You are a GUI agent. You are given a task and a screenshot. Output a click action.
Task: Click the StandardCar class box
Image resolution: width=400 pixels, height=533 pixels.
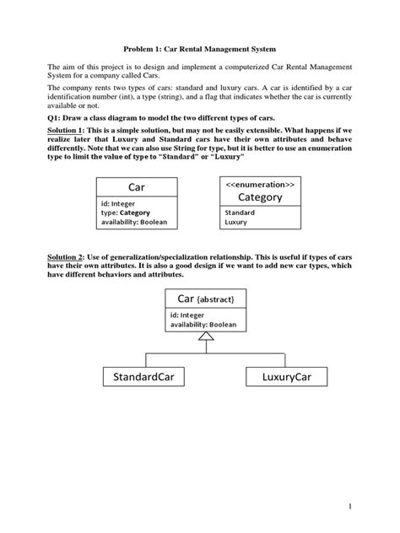(143, 375)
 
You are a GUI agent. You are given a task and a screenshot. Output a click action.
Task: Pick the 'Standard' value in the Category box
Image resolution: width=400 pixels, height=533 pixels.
(240, 213)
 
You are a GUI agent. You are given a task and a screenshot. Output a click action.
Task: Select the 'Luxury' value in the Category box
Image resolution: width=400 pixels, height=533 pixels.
(236, 223)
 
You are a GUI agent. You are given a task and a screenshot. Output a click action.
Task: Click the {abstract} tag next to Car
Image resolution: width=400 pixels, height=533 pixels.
(221, 299)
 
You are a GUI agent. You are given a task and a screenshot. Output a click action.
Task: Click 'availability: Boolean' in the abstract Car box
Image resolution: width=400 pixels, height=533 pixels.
(203, 324)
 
